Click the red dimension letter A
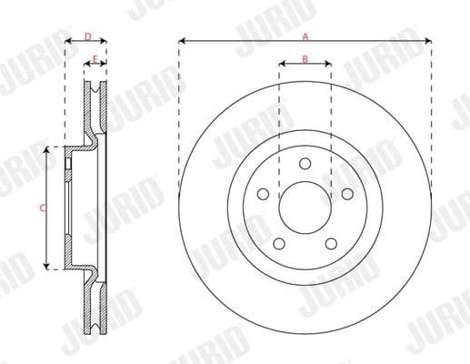(305, 36)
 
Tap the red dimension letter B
(305, 59)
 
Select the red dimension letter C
(43, 208)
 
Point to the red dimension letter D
(87, 36)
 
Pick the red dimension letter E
(95, 59)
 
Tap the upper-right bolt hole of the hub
(346, 193)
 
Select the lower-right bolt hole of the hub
(331, 242)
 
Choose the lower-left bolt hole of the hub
(280, 242)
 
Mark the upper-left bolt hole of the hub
(264, 193)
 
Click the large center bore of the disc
(305, 207)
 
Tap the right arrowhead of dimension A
(427, 41)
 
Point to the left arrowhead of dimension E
(87, 65)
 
